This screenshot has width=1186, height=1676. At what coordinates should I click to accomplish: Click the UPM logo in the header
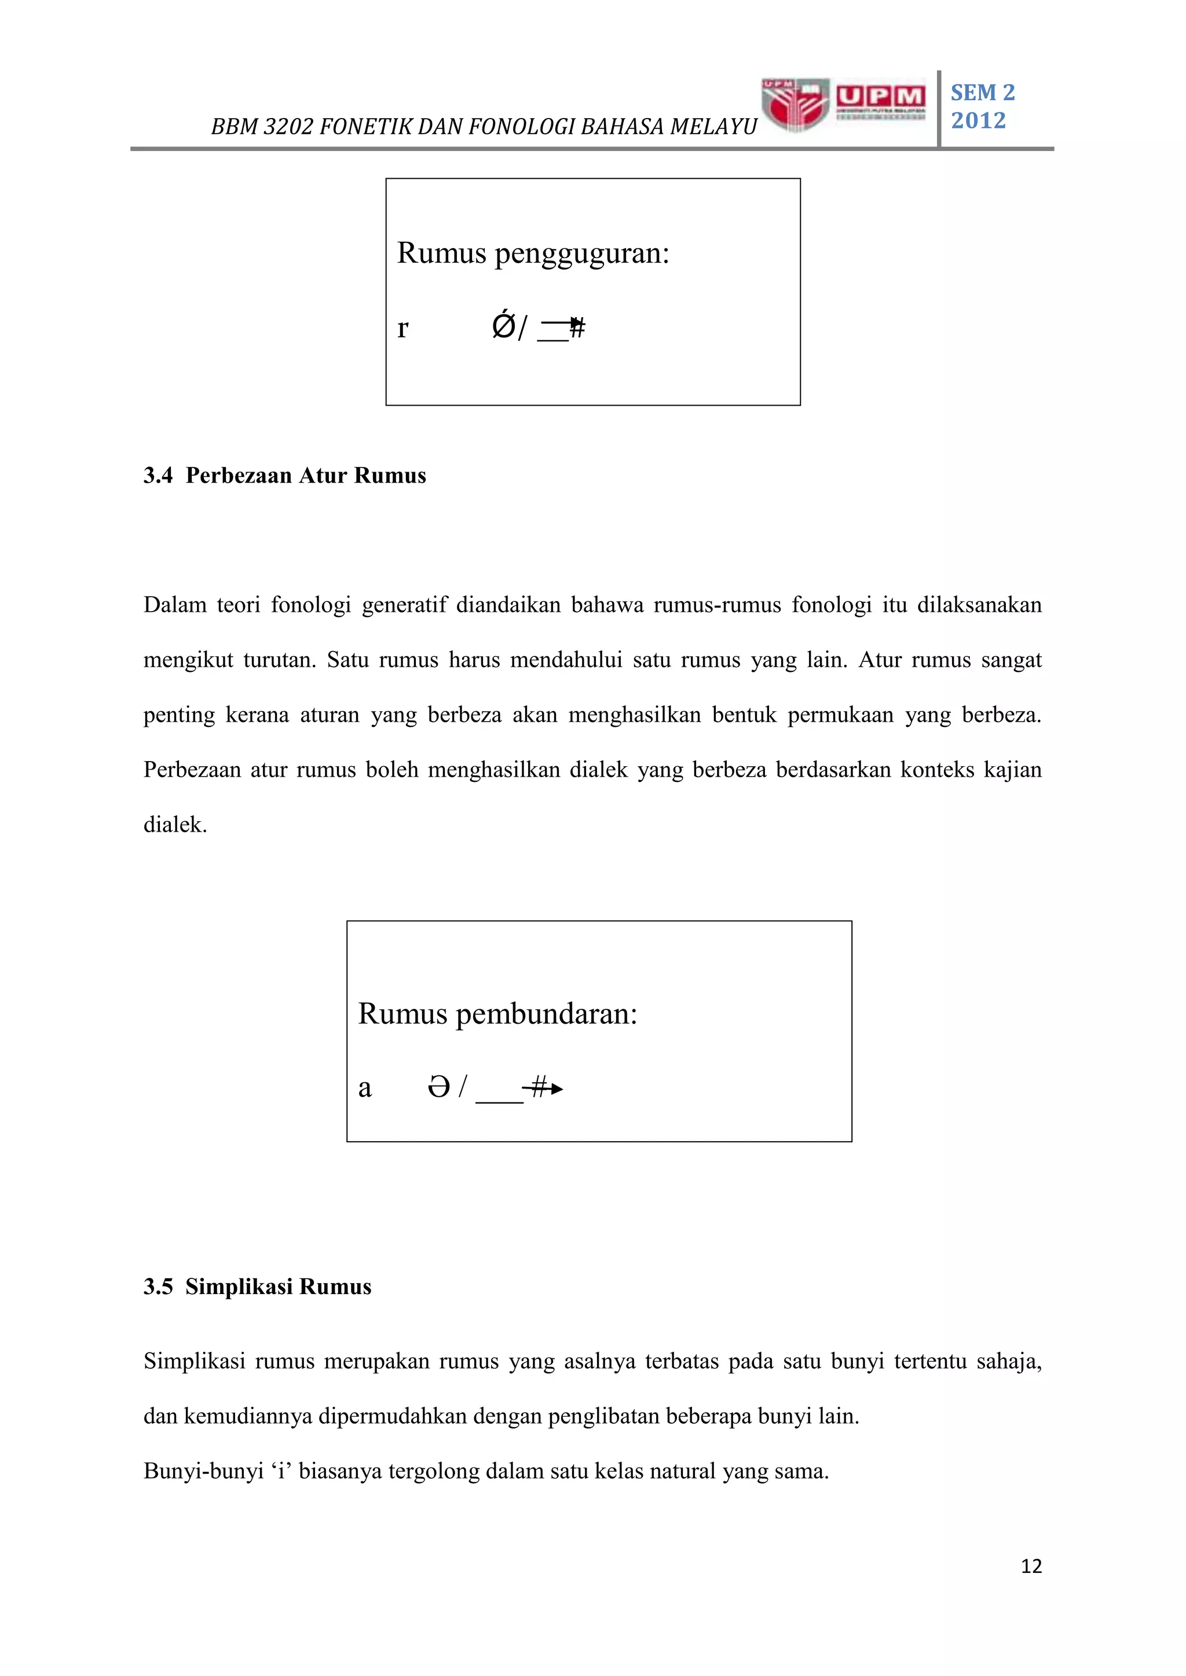coord(844,104)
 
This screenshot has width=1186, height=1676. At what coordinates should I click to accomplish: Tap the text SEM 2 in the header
coord(982,93)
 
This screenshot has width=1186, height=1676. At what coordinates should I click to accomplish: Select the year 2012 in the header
coord(978,120)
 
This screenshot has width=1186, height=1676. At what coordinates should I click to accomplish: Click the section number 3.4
coord(158,476)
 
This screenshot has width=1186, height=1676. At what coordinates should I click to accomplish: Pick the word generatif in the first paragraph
coord(404,605)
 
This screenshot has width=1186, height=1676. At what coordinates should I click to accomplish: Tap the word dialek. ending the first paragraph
coord(175,825)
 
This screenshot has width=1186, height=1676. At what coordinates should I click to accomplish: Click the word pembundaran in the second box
coord(546,1015)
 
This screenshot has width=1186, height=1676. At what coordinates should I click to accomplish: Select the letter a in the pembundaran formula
coord(364,1089)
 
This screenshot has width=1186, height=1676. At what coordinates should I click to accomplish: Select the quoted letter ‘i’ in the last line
coord(282,1471)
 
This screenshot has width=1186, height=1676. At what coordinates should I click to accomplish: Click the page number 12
coord(1030,1567)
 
